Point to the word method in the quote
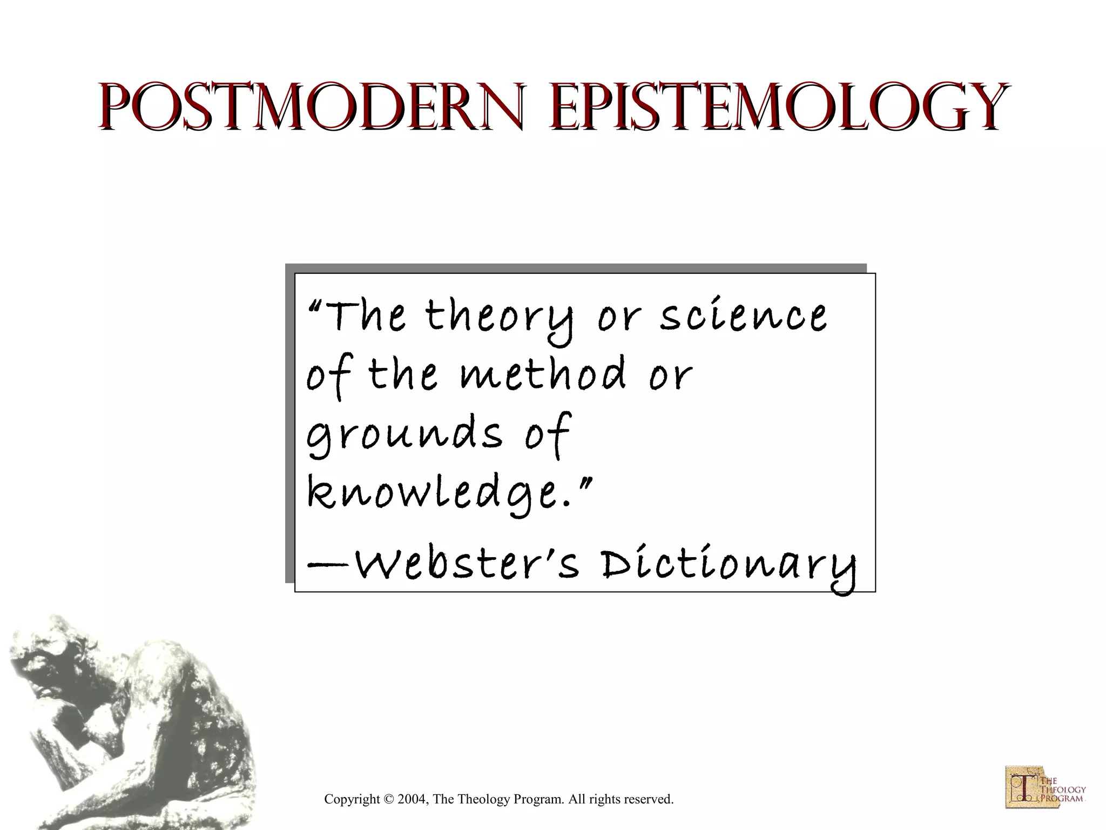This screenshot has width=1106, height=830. tap(543, 374)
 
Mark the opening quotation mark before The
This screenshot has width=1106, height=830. tap(315, 307)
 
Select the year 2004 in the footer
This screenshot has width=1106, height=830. tap(412, 799)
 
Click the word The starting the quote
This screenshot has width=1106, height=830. tap(365, 318)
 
